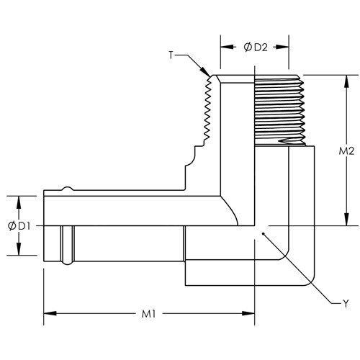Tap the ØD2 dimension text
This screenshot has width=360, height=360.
255,48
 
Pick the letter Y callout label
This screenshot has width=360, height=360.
345,303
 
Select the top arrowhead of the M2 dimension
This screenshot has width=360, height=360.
340,78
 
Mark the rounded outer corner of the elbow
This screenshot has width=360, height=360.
307,276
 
